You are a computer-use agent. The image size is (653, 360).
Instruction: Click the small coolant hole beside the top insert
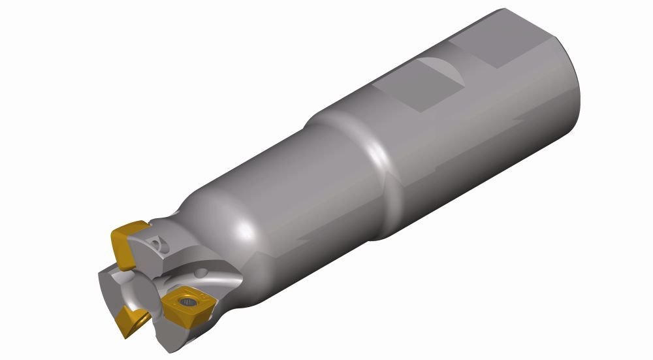(x=157, y=243)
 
